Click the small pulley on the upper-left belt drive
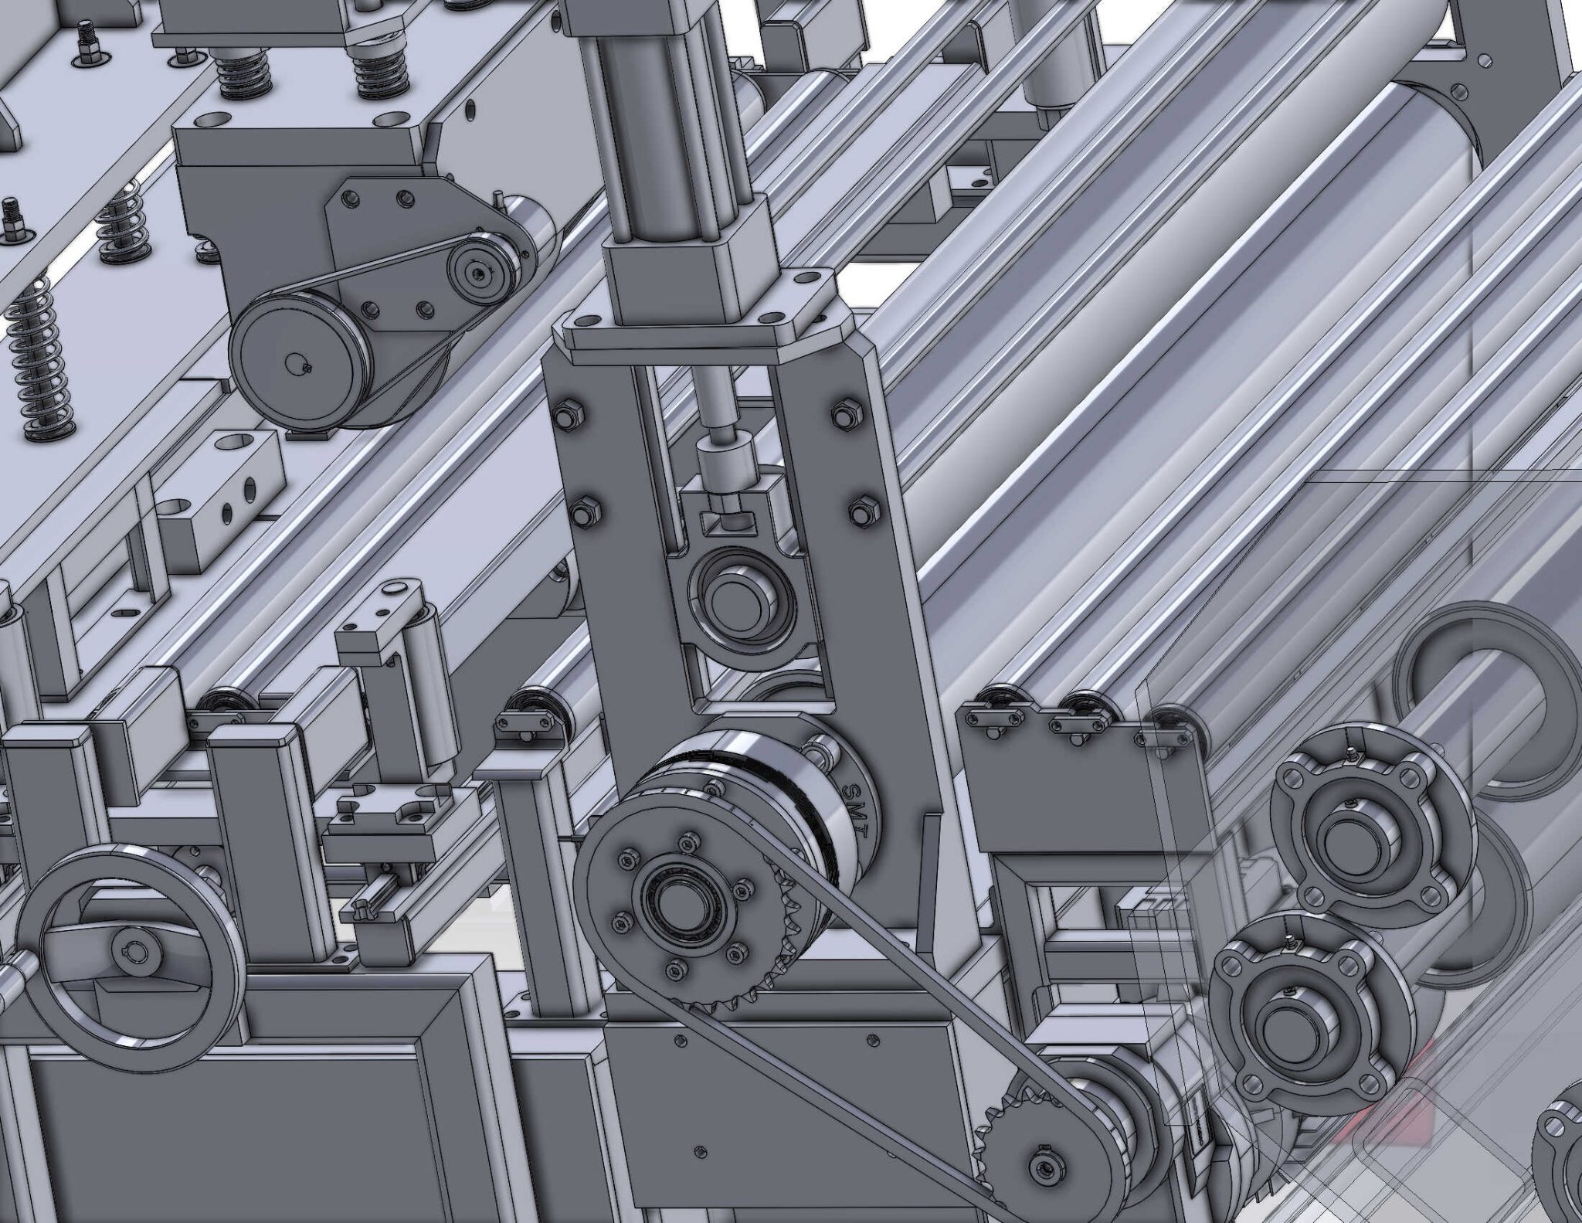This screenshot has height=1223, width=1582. click(x=475, y=270)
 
